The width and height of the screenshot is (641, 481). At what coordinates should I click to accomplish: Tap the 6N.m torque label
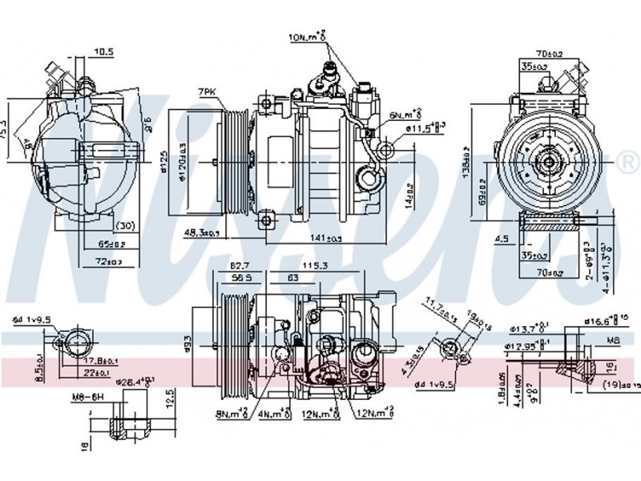405,114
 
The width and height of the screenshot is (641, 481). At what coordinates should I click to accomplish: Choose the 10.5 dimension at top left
104,52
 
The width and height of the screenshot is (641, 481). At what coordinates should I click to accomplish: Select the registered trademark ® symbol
627,163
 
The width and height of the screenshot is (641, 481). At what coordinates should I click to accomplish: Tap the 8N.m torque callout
229,414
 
